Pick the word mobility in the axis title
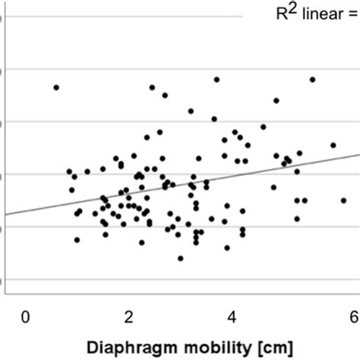pyautogui.click(x=216, y=347)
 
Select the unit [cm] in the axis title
pyautogui.click(x=273, y=347)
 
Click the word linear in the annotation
pyautogui.click(x=318, y=13)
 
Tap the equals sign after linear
pyautogui.click(x=352, y=14)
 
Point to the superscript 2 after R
pyautogui.click(x=292, y=8)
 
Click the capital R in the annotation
pyautogui.click(x=282, y=13)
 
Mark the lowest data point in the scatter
pyautogui.click(x=180, y=258)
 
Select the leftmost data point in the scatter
pyautogui.click(x=56, y=87)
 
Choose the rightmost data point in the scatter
pyautogui.click(x=343, y=201)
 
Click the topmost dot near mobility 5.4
pyautogui.click(x=312, y=79)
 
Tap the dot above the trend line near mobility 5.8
pyautogui.click(x=333, y=145)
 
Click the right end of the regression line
pyautogui.click(x=358, y=154)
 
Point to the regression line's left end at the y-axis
pyautogui.click(x=5, y=214)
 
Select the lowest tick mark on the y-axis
pyautogui.click(x=2, y=280)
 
